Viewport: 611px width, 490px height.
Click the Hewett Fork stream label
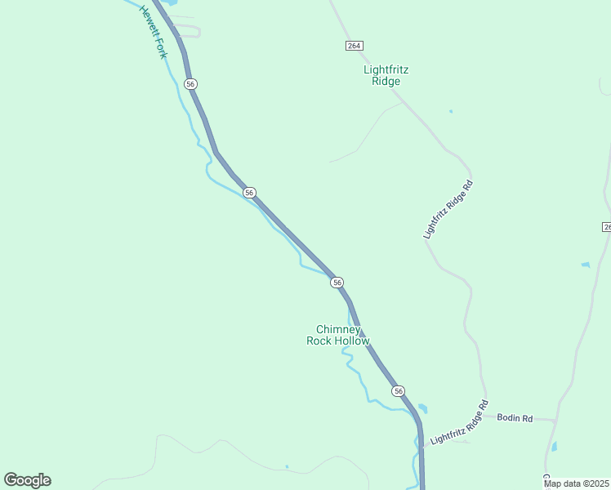(x=152, y=32)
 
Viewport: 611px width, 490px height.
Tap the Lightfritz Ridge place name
(x=386, y=75)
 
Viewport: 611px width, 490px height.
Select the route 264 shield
(x=354, y=46)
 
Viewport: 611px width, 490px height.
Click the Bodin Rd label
(x=516, y=418)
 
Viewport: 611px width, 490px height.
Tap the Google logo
(x=27, y=480)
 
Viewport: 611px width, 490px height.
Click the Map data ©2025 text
(x=576, y=483)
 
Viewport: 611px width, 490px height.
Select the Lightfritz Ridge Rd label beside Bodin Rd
(x=459, y=422)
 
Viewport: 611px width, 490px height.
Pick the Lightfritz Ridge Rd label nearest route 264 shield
(x=448, y=210)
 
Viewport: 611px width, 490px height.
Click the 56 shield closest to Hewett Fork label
(x=190, y=84)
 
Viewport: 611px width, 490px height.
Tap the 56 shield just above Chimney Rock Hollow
(x=337, y=282)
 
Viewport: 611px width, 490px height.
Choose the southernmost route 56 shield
(x=398, y=391)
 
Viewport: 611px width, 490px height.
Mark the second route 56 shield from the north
(x=250, y=193)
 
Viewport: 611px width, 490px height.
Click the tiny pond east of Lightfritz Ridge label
(x=450, y=111)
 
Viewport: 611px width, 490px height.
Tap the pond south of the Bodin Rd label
(x=554, y=447)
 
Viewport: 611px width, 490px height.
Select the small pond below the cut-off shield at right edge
(x=585, y=265)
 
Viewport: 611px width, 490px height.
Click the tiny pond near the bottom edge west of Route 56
(x=287, y=467)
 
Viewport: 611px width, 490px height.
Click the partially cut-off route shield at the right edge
(x=607, y=226)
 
